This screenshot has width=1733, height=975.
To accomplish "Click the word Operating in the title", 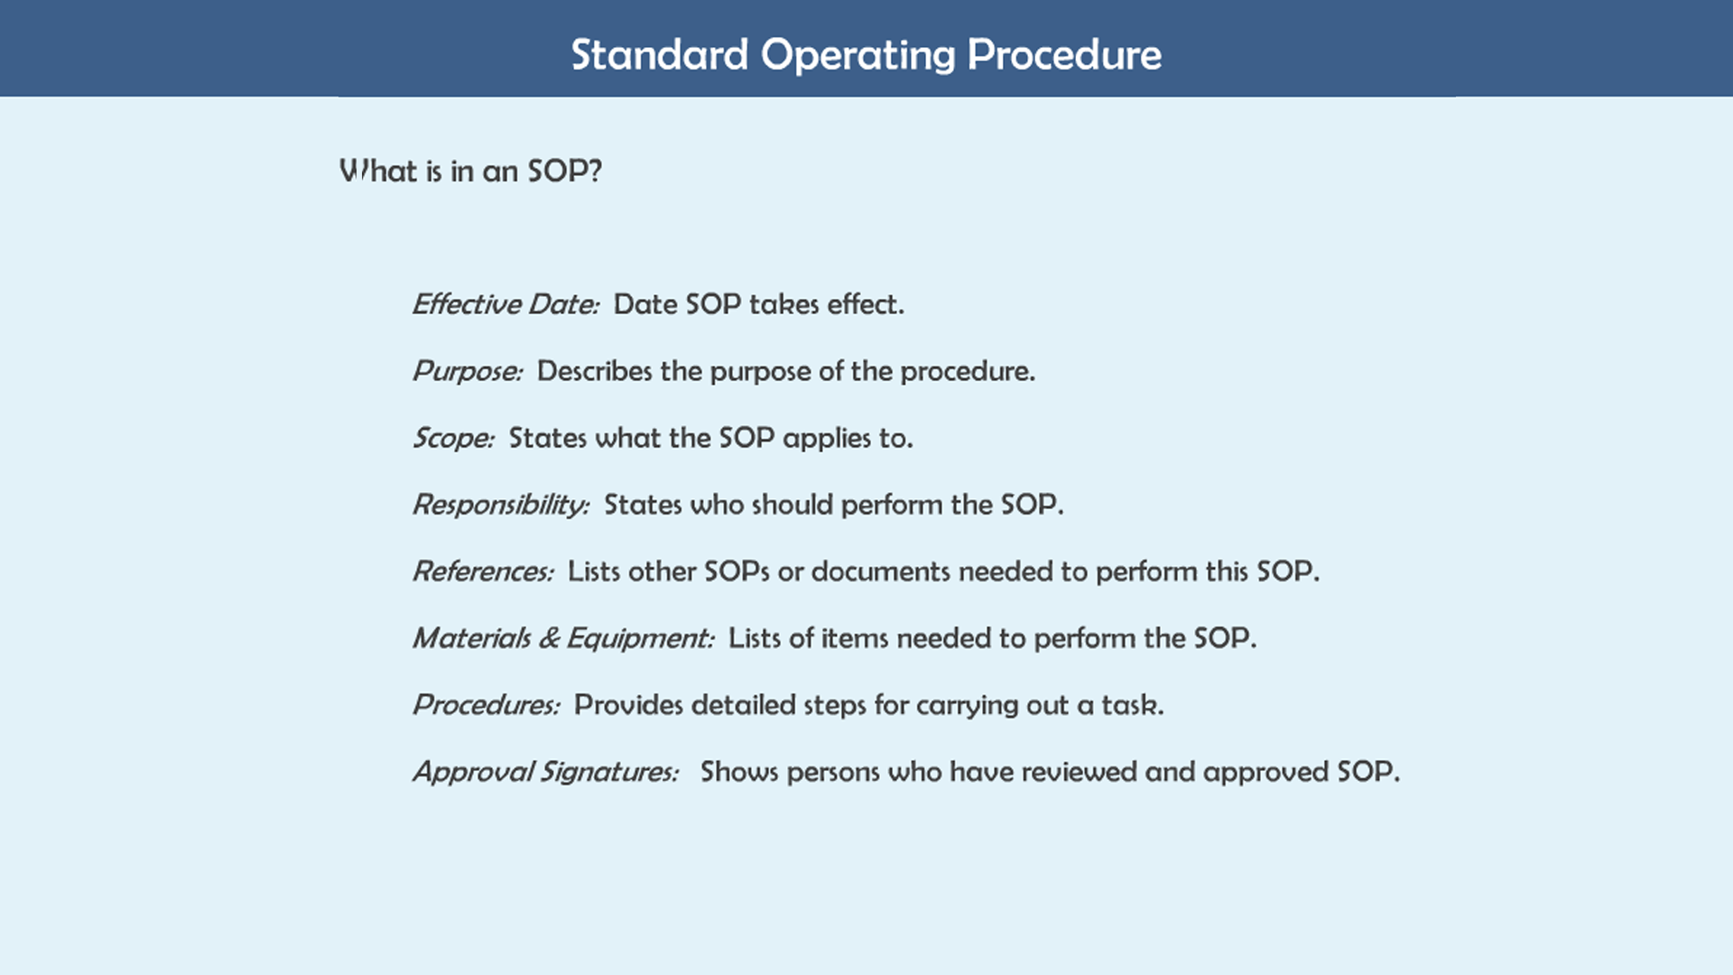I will pos(857,56).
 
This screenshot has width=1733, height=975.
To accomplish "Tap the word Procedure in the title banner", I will pos(1064,55).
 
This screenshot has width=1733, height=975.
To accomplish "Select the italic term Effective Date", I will pos(505,304).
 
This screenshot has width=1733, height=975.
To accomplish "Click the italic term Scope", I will pos(453,438).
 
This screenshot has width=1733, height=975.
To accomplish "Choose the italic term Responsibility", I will pos(501,505).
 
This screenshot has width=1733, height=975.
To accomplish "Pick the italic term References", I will pos(483,571).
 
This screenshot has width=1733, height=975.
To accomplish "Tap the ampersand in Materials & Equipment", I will pos(549,638).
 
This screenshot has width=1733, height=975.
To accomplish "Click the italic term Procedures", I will pos(487,705).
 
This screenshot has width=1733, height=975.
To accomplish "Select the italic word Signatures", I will pos(608,772).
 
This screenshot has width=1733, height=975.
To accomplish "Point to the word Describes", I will pos(594,371).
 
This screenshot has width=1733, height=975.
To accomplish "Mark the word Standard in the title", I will pos(660,55).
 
